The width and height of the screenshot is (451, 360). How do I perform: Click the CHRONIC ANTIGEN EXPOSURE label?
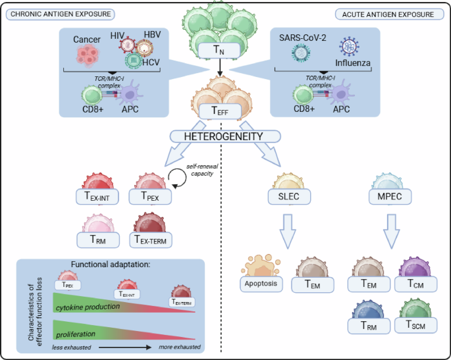pos(59,14)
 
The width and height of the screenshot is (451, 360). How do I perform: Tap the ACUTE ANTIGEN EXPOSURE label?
pos(388,14)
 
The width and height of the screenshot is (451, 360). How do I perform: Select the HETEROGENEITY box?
pos(225,137)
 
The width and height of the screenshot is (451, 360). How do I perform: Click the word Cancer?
pos(88,39)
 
